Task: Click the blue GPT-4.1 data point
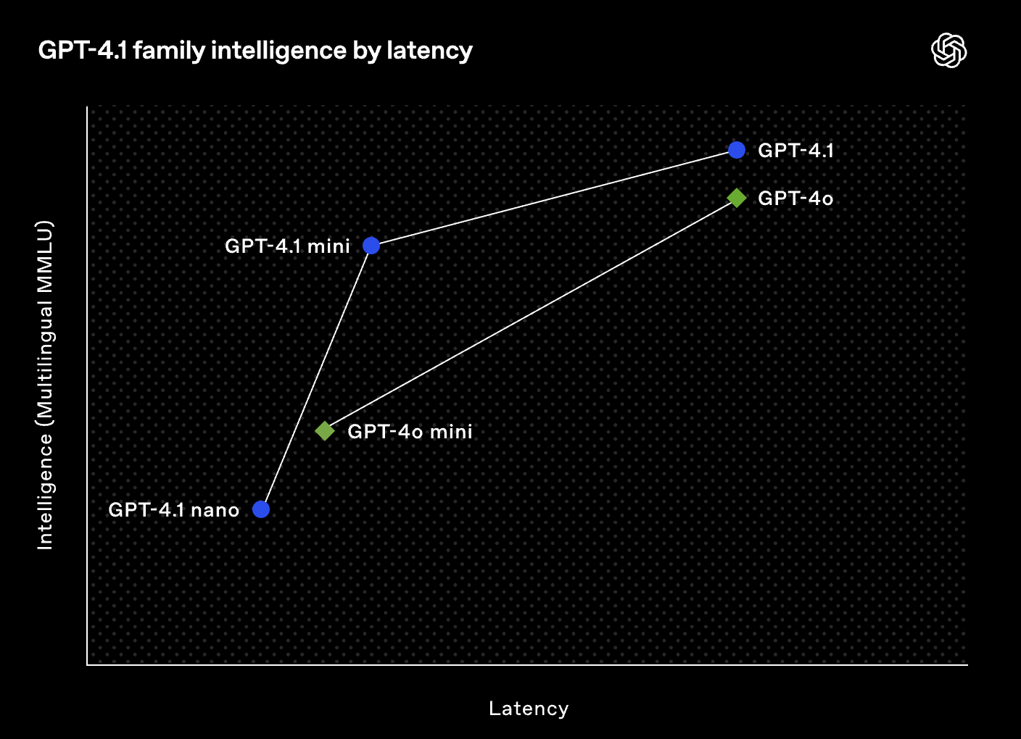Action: [x=737, y=150]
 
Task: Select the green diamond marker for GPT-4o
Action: [x=737, y=198]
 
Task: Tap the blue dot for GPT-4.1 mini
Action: [x=371, y=246]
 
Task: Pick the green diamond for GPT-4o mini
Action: [x=325, y=431]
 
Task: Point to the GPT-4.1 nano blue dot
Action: [x=261, y=509]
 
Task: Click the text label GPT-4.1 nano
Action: [x=173, y=510]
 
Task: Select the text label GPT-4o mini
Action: [x=410, y=432]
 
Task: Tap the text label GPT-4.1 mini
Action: [x=287, y=246]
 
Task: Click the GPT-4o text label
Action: [x=795, y=199]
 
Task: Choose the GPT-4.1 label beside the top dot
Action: [x=795, y=151]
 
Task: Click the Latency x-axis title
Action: [x=529, y=709]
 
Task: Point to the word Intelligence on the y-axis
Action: [x=45, y=490]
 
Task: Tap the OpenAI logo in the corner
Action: [x=948, y=51]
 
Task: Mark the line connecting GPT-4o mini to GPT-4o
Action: [x=531, y=314]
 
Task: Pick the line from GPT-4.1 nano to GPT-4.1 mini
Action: [x=316, y=377]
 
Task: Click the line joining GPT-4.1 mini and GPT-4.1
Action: [x=554, y=198]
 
